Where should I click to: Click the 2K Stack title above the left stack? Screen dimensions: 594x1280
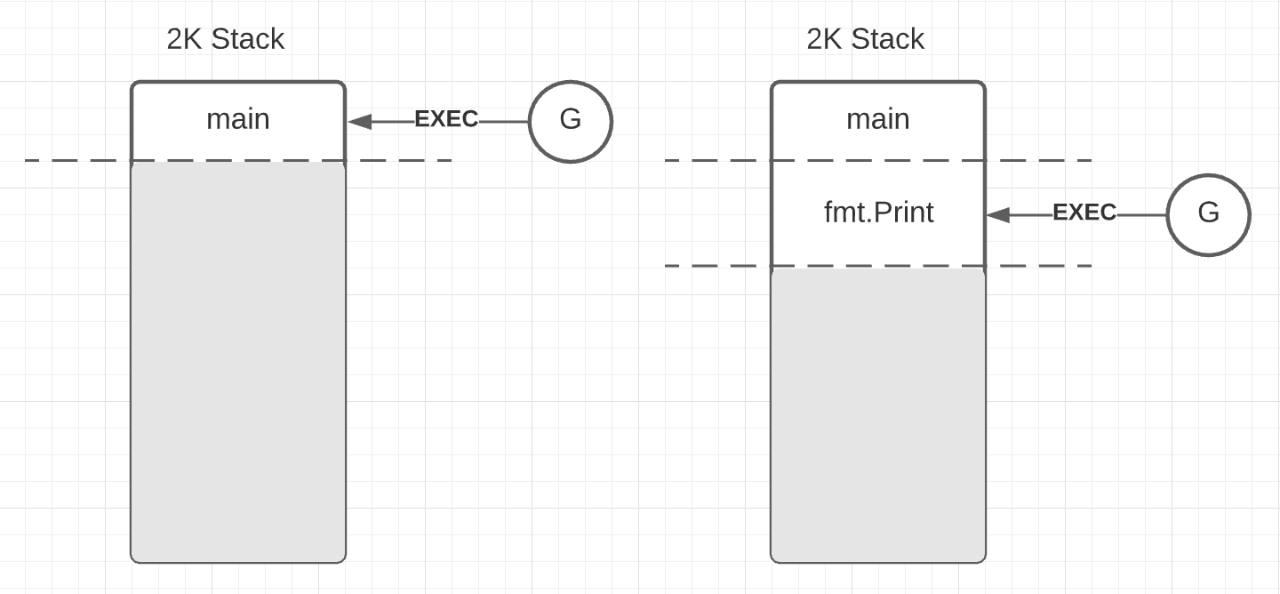coord(225,39)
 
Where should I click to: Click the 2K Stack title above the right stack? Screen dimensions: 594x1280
coord(865,39)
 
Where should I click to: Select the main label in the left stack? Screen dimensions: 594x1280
coord(238,119)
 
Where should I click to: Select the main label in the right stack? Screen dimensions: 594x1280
coord(878,119)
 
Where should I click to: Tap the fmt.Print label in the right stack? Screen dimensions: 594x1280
coord(878,213)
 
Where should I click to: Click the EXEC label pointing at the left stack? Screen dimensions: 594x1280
coord(446,119)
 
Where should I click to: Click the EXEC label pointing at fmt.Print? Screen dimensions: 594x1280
coord(1084,213)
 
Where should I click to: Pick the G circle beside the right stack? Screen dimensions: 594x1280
coord(1208,214)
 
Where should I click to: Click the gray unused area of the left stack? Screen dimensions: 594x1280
coord(238,365)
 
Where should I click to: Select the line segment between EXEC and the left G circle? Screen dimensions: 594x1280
coord(504,122)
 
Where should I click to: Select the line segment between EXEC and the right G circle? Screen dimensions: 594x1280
coord(1142,215)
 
